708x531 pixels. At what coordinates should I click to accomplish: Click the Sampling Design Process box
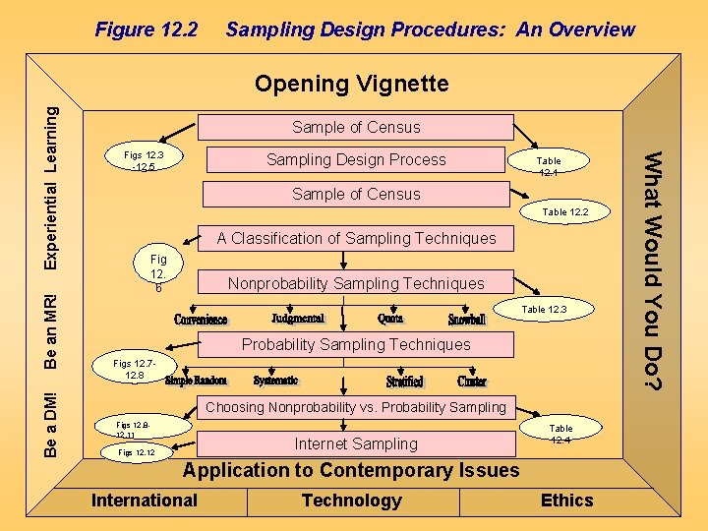tap(356, 160)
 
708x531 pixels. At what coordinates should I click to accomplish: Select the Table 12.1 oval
tap(549, 166)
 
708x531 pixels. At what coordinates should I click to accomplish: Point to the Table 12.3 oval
tap(544, 310)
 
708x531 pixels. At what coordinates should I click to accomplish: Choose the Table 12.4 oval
tap(560, 434)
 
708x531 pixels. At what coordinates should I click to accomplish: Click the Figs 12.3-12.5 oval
tap(144, 160)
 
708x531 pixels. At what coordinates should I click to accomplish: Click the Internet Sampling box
tap(356, 443)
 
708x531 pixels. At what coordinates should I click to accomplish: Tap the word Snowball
tap(467, 320)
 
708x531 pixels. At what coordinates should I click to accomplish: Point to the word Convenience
tap(202, 320)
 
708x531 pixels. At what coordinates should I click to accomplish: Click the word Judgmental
tap(297, 319)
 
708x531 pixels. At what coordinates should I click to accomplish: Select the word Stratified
tap(404, 381)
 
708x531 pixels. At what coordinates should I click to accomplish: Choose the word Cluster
tap(472, 381)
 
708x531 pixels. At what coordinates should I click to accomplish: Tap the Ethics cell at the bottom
tap(567, 501)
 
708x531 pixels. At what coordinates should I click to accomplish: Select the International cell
tap(145, 501)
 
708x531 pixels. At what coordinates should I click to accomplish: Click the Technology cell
tap(352, 501)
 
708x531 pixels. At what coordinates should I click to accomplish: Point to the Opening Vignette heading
tap(352, 84)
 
